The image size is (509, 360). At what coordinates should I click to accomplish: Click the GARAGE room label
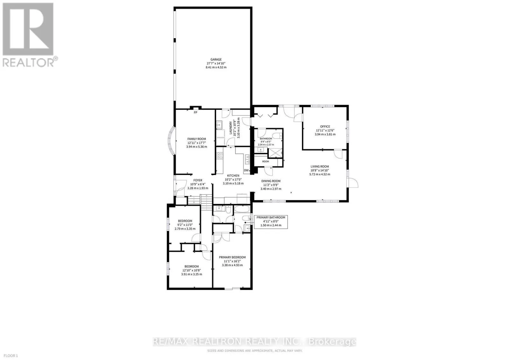point(216,59)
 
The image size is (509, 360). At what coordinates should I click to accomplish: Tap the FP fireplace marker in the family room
point(195,113)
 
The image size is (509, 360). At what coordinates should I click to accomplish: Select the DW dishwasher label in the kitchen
point(246,170)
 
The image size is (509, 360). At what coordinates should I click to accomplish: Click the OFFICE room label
point(325,127)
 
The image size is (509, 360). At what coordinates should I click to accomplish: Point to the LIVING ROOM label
point(320,166)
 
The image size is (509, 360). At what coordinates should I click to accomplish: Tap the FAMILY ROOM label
point(196,139)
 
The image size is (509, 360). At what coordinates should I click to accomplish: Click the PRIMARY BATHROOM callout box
point(271,221)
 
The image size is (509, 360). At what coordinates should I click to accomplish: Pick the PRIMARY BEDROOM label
point(232,257)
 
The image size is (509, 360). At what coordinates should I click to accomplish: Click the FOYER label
point(198,180)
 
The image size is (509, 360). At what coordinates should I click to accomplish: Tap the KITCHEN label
point(233,176)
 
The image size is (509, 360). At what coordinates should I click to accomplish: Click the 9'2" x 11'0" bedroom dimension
point(185,225)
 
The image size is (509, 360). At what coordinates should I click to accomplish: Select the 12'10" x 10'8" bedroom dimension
point(192,270)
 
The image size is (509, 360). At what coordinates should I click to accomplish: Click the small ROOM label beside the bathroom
point(265,162)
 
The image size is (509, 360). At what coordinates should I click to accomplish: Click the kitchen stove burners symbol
point(220,156)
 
